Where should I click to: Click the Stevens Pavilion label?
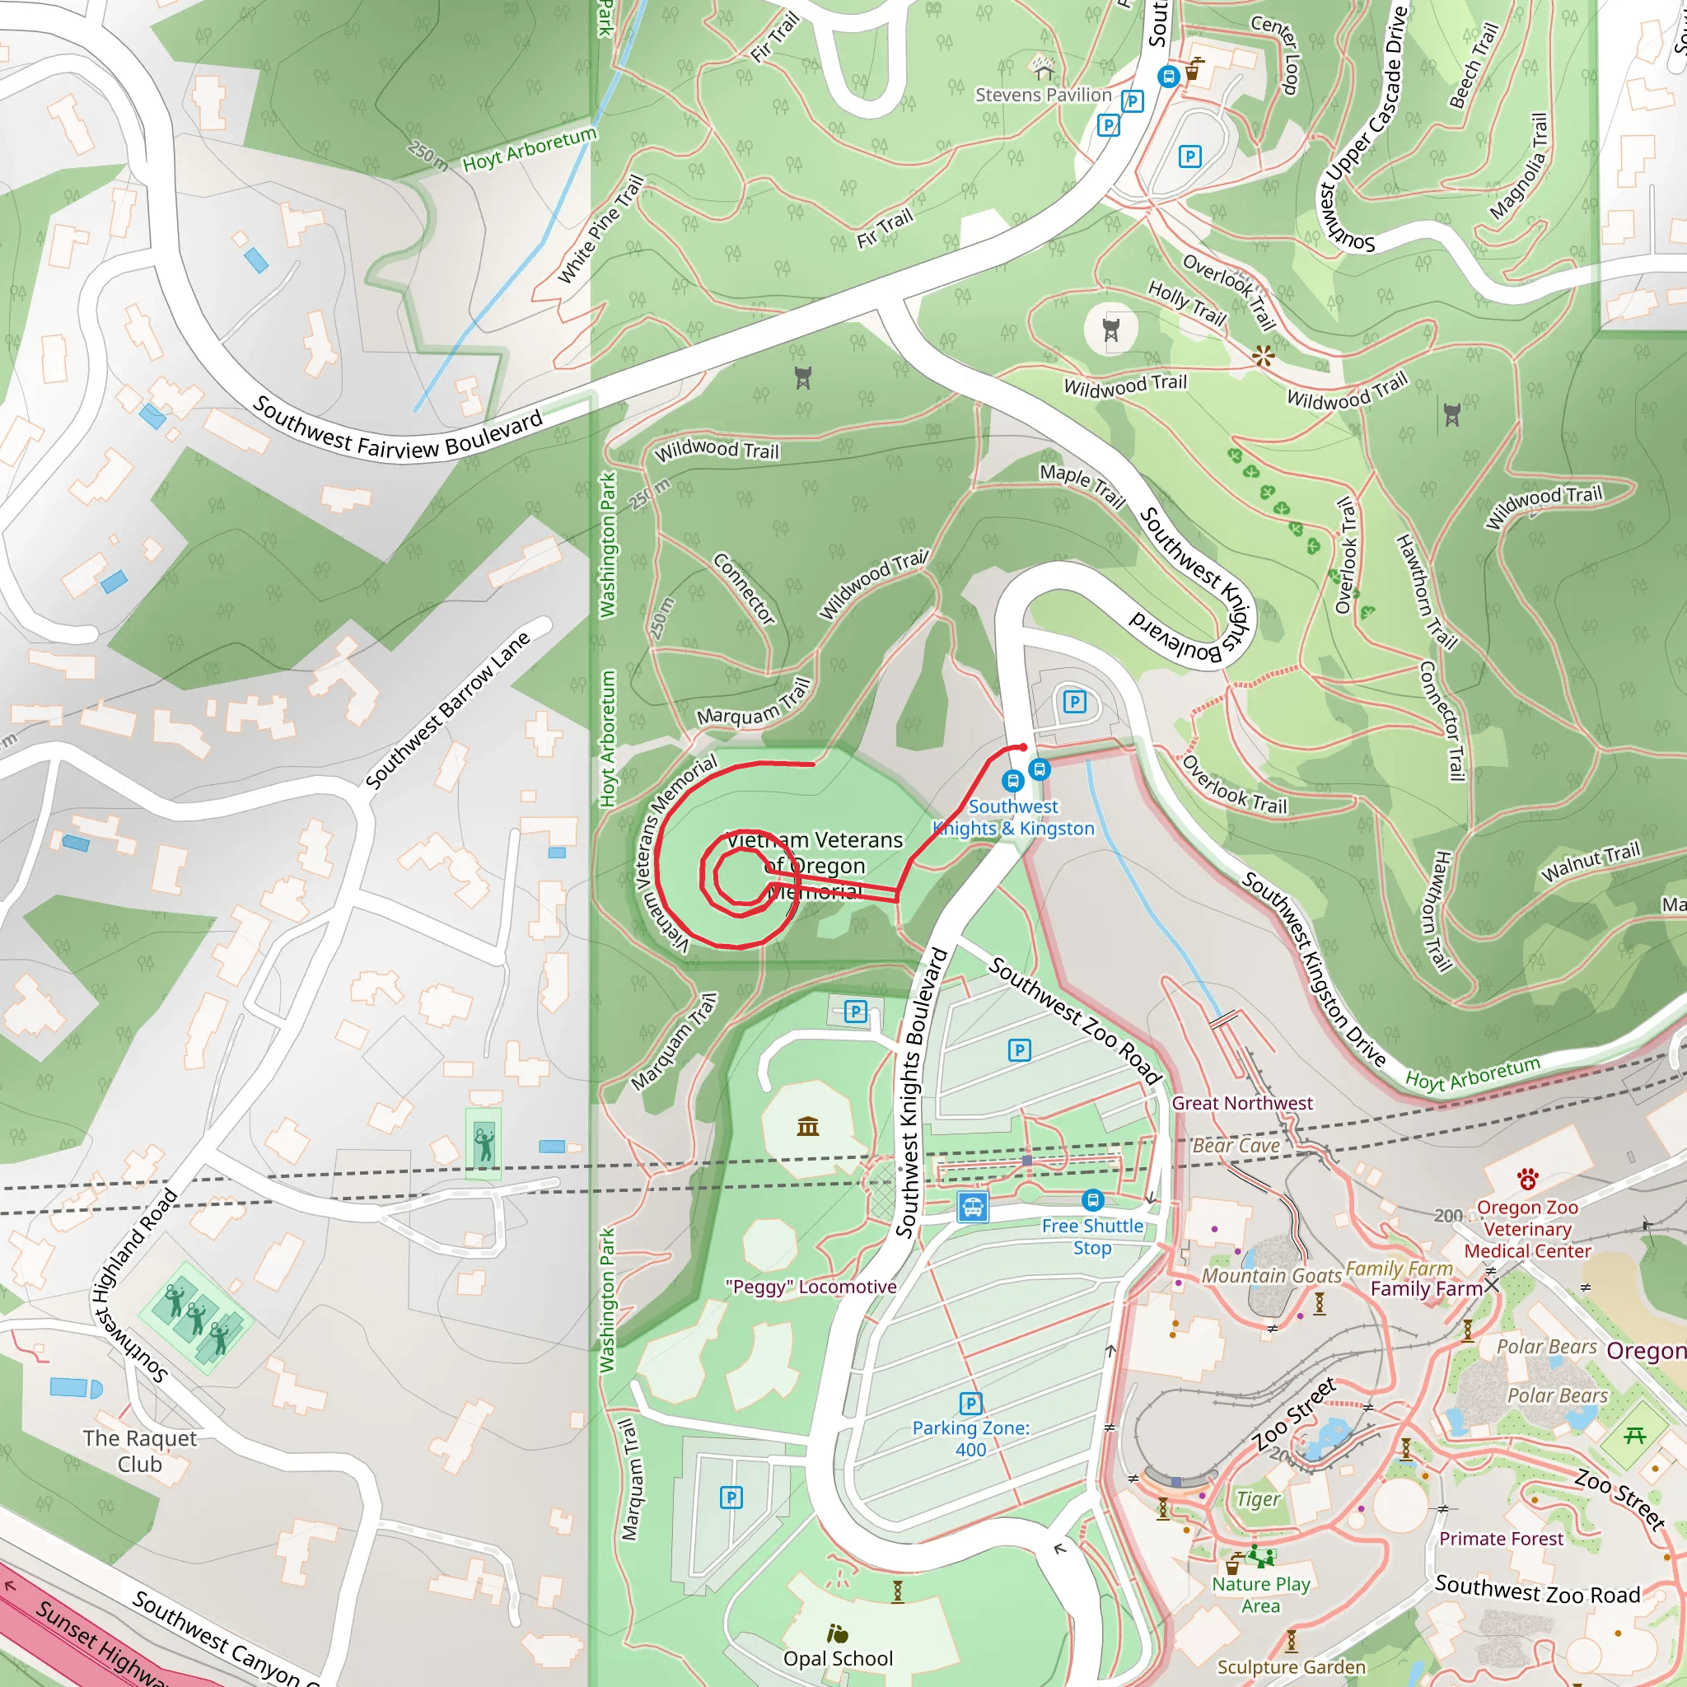click(x=1044, y=96)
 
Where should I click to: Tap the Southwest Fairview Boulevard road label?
click(x=397, y=432)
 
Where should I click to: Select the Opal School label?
click(x=838, y=1658)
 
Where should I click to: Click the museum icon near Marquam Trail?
click(x=808, y=1126)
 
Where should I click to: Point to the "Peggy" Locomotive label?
click(x=811, y=1286)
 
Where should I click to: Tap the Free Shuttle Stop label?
click(x=1092, y=1236)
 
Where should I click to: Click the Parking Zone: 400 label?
click(x=971, y=1438)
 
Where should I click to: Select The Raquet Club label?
click(x=140, y=1451)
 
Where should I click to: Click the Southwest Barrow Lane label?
click(x=447, y=709)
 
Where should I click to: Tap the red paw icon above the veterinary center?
click(x=1527, y=1180)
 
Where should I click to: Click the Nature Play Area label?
click(x=1261, y=1595)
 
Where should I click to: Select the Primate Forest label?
click(x=1501, y=1539)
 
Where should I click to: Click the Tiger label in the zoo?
click(x=1257, y=1498)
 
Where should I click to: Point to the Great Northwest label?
click(x=1241, y=1103)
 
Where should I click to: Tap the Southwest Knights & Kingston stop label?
click(x=1014, y=817)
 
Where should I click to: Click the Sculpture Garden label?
click(x=1292, y=1667)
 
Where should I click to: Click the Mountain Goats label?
click(x=1271, y=1276)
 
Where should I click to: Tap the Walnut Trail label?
click(x=1590, y=862)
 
